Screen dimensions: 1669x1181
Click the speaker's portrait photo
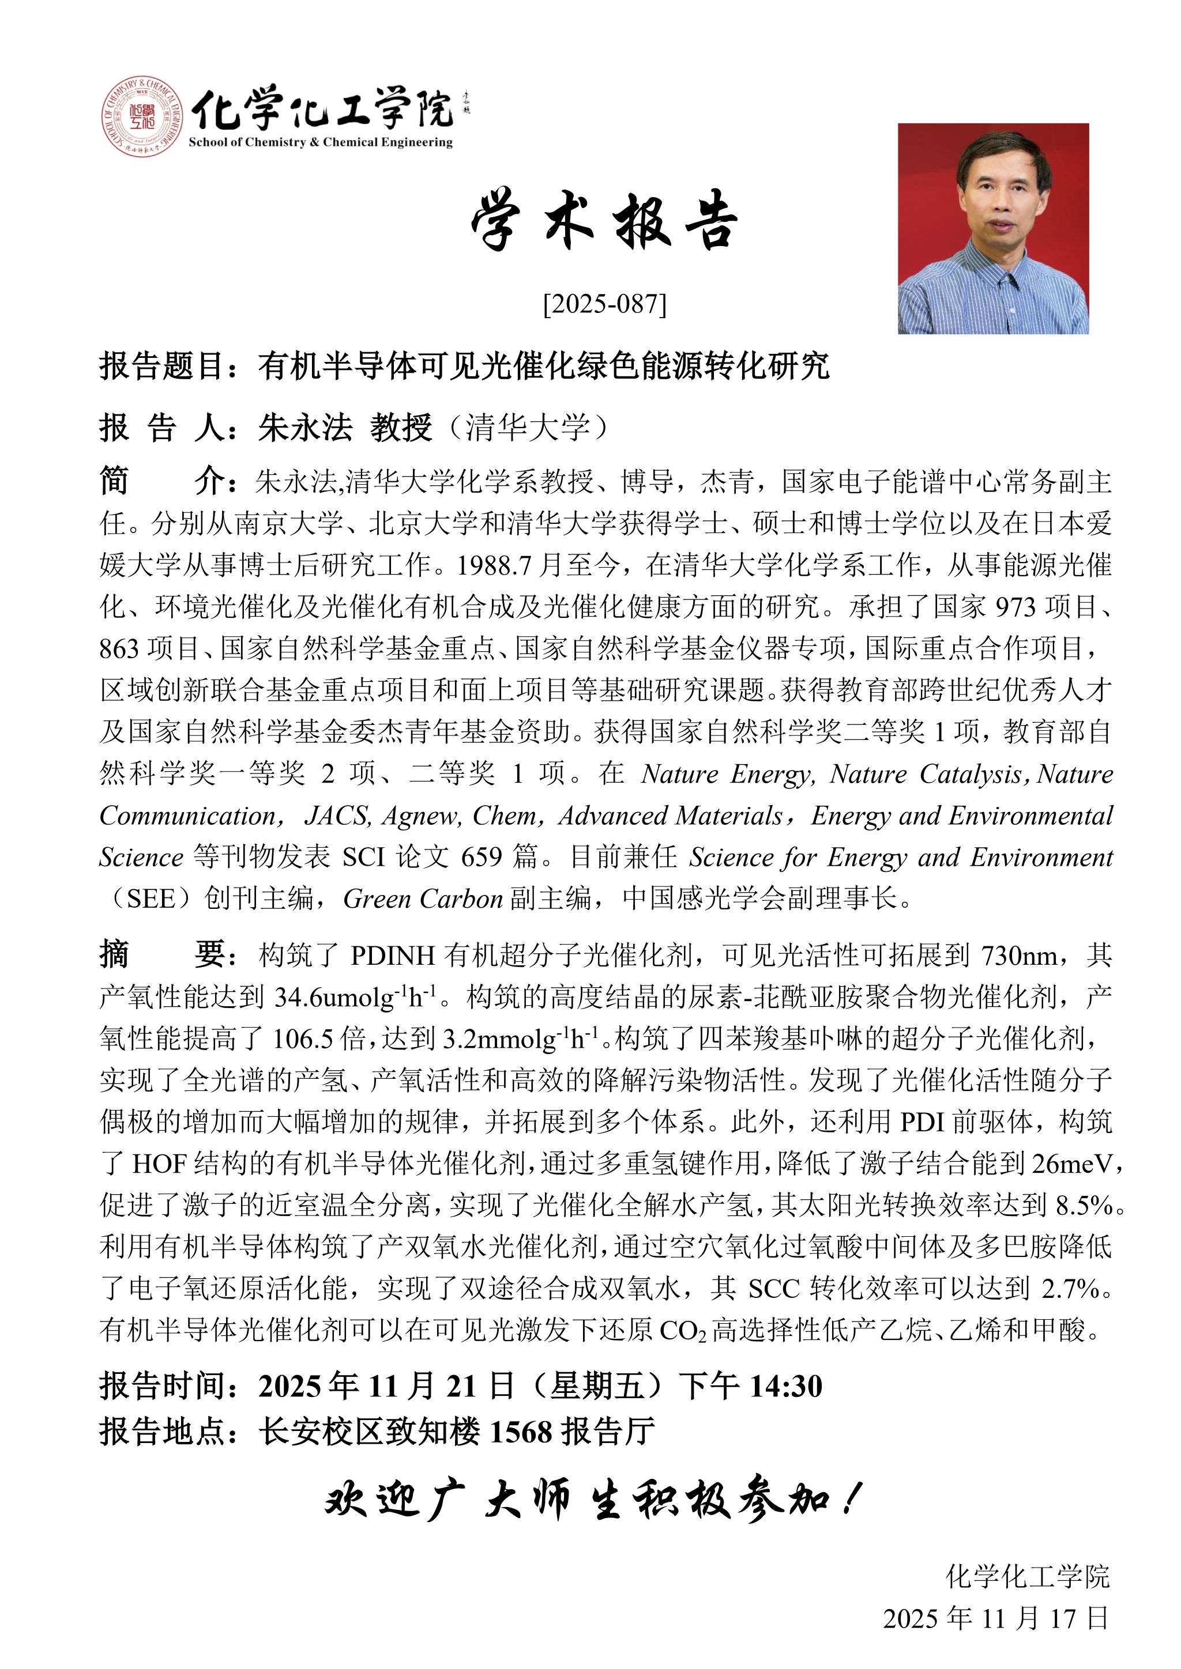click(x=992, y=228)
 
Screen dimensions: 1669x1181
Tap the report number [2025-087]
click(x=604, y=304)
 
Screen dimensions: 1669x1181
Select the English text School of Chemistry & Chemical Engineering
click(x=321, y=142)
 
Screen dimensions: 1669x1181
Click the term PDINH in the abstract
click(x=393, y=955)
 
